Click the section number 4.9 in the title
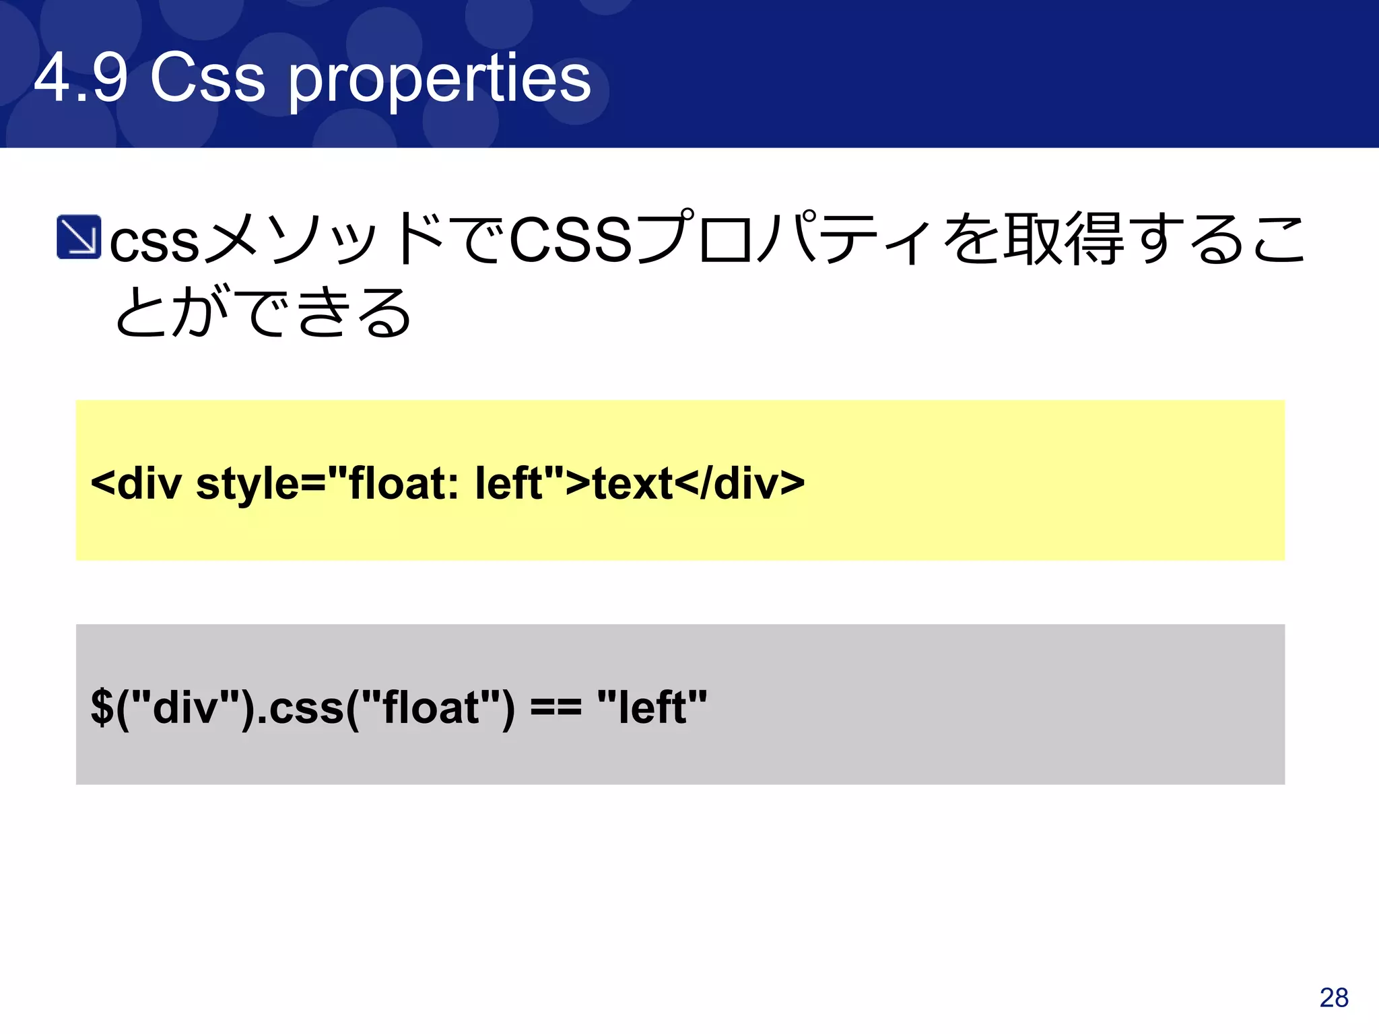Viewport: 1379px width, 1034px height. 80,79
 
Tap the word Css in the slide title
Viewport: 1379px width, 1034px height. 207,79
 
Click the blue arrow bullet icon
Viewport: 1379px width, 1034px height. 79,237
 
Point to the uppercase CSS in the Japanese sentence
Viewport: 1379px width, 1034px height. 571,240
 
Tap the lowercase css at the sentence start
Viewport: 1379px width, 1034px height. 154,242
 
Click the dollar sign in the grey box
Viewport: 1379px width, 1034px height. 102,708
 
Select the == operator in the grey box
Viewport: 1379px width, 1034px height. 556,708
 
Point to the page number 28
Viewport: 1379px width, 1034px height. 1334,998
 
